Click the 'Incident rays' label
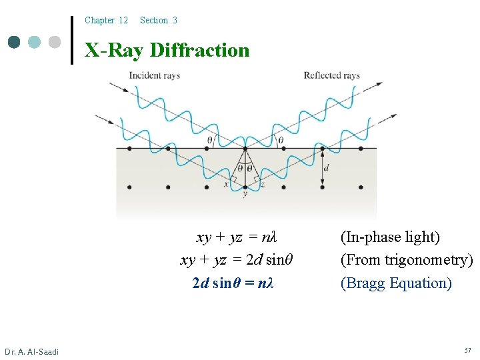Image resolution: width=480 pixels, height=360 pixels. coord(154,75)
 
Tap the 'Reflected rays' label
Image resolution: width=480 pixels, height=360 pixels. coord(331,75)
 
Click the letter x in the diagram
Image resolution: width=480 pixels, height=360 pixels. coord(226,185)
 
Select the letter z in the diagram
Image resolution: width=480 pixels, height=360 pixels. coord(263,185)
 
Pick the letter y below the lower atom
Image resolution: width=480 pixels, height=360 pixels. coord(245,195)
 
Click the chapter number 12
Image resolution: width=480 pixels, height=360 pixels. coord(123,21)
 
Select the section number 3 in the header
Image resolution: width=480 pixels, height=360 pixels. coord(175,21)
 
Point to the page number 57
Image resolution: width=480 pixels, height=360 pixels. coord(467,351)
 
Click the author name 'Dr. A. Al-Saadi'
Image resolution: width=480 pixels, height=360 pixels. coord(31,351)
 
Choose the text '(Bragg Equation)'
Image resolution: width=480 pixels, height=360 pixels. coord(396,283)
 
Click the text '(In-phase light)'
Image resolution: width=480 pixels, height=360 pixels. coord(390,237)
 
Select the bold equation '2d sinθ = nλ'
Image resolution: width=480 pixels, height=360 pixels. coord(233,283)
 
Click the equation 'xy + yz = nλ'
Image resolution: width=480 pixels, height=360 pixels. coord(236,237)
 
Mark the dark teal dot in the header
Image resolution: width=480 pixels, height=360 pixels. coord(14,42)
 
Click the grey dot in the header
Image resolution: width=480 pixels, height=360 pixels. coord(55,42)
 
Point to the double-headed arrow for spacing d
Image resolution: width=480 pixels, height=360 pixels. coord(321,167)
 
